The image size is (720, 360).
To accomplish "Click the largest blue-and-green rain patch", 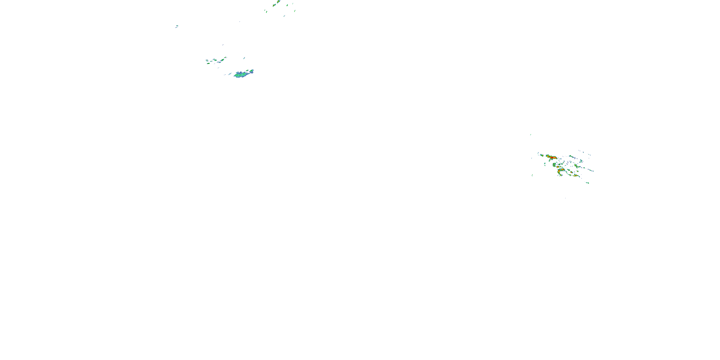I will point(242,74).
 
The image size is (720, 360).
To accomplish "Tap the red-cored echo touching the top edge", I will point(278,2).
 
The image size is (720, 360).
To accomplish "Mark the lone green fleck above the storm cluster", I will point(530,135).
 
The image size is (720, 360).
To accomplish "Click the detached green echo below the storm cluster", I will point(588,183).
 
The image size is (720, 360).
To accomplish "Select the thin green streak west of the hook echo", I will point(532,175).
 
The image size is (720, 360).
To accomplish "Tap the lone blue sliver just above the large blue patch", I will point(244,58).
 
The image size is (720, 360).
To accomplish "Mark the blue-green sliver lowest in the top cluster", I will point(284,16).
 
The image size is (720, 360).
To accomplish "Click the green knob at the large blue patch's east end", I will point(252,71).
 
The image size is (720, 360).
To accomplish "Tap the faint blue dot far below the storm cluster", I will point(565,198).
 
